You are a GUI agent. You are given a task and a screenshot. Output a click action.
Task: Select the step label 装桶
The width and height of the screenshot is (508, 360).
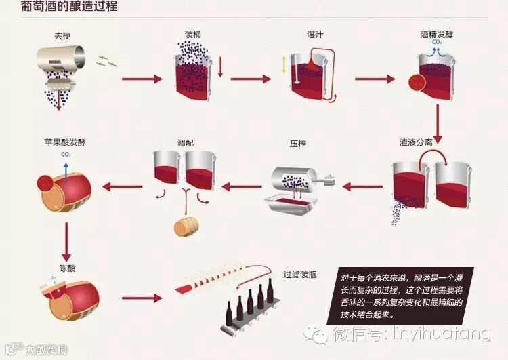[x=192, y=33]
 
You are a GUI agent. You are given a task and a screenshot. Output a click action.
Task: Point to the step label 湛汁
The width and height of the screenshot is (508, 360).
[x=314, y=33]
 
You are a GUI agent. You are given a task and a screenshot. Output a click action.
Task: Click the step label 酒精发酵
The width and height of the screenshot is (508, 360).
[x=437, y=33]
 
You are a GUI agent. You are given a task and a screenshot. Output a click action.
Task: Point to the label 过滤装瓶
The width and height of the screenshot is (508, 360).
[x=300, y=275]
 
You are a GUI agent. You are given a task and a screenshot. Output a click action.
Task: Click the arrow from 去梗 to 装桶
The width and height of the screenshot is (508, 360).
[x=142, y=79]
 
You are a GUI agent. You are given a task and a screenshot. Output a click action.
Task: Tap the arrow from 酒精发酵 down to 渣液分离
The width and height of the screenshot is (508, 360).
[x=439, y=120]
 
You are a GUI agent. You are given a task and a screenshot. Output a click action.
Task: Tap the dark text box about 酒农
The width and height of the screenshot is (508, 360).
[x=400, y=296]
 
